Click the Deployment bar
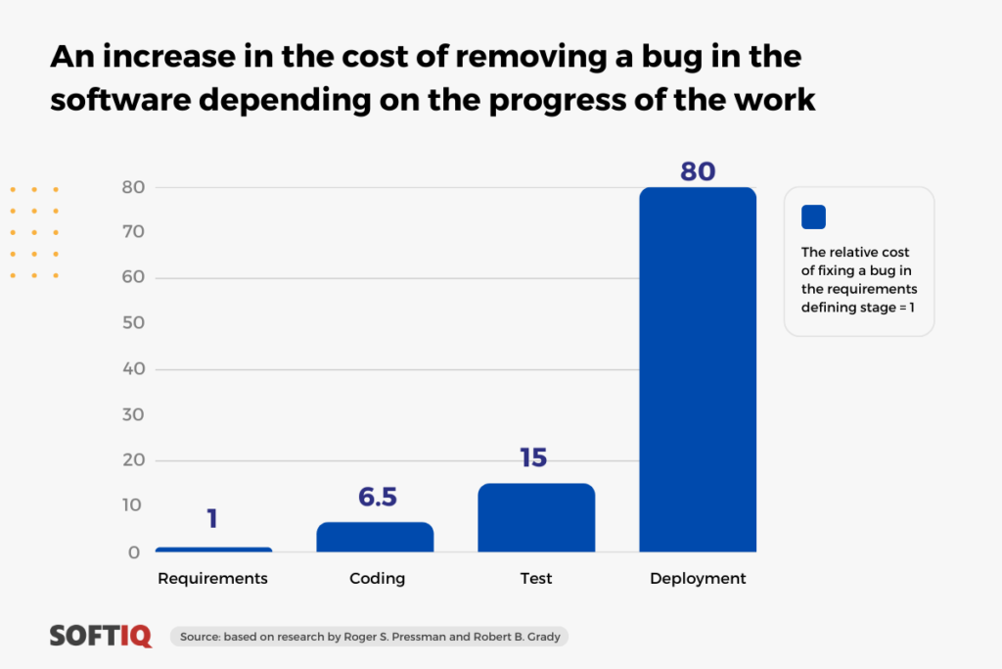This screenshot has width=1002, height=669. coord(698,369)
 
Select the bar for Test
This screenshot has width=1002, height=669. coord(537,517)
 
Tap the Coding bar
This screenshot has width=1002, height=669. coord(375,537)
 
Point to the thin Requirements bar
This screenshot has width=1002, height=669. coord(214,550)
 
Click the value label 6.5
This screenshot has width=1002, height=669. coord(378,497)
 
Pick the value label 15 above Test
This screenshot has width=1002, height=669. coord(533,457)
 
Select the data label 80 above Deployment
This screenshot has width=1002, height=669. coord(698,171)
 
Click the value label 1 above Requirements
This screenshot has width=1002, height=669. coord(212,518)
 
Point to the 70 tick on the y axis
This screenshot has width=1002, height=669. coord(133,231)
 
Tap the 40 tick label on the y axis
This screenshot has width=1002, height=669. coord(133,368)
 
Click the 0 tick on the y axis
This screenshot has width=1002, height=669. coord(133,552)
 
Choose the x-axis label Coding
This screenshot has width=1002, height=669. coord(377,578)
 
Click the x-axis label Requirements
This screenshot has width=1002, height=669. coord(212,579)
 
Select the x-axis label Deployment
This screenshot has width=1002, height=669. coord(698,579)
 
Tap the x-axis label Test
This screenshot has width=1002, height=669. coord(535,578)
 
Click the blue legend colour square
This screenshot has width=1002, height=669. coord(813,216)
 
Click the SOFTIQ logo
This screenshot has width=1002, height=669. coord(101,636)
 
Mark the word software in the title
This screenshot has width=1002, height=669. coord(120,100)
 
